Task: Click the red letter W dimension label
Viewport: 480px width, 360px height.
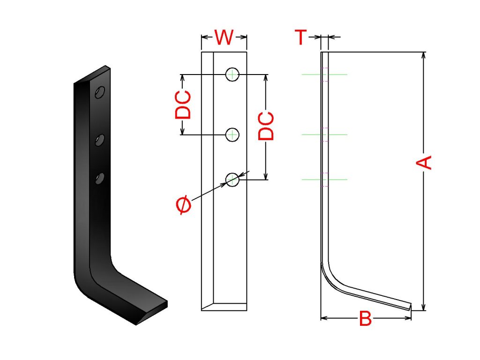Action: coord(224,37)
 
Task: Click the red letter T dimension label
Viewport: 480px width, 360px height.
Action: coord(301,37)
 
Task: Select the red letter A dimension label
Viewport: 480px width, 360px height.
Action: coord(424,163)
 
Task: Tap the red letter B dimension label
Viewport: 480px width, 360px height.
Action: coord(365,320)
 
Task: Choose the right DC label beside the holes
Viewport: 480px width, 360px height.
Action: coord(266,126)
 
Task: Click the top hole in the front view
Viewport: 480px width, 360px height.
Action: coord(232,74)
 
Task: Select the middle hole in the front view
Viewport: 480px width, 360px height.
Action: coord(232,135)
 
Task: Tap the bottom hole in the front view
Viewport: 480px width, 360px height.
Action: coord(232,179)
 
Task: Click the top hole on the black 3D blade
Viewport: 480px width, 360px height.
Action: coord(99,92)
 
